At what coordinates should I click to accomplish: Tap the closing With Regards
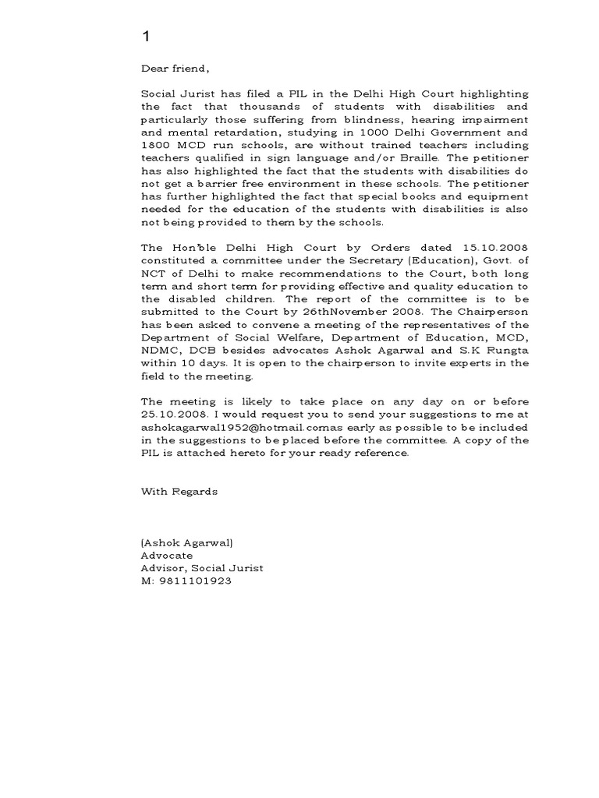point(179,491)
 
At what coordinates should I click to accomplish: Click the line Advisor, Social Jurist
point(202,568)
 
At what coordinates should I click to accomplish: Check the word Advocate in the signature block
point(166,556)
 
